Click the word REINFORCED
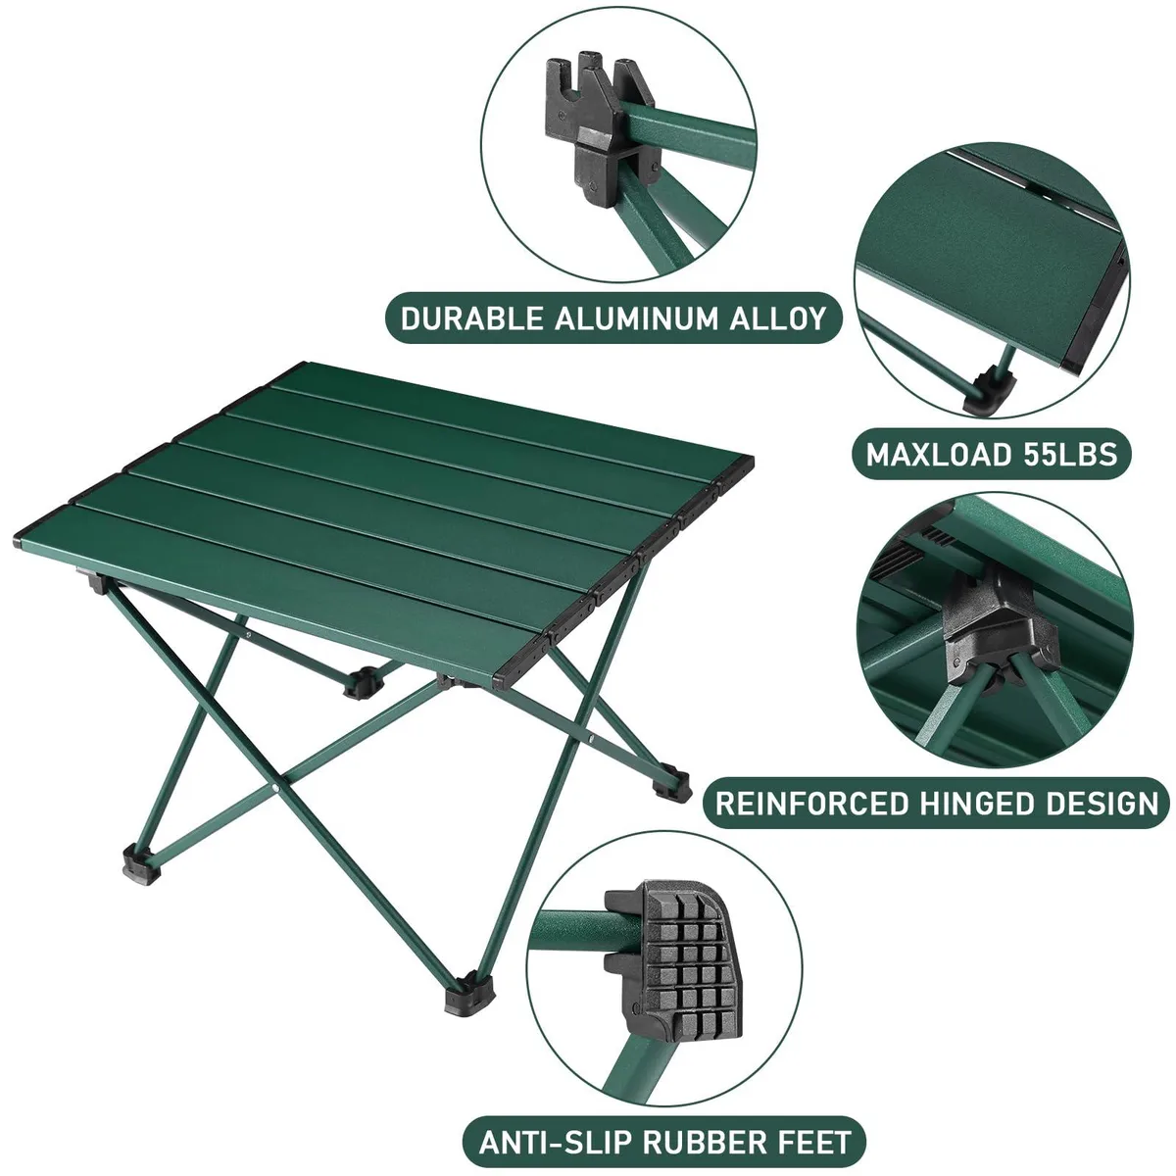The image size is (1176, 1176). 811,804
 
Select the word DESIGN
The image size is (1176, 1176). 1102,804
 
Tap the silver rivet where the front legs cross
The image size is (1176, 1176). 276,789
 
